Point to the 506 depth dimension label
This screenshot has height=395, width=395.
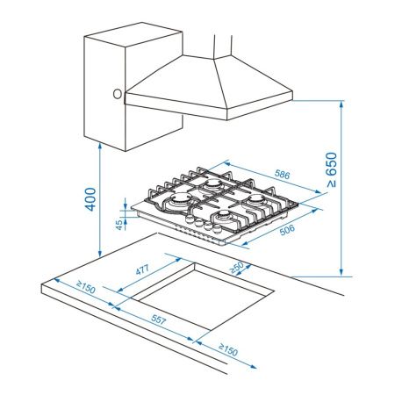[x=286, y=230]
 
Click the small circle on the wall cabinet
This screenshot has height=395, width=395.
[x=117, y=93]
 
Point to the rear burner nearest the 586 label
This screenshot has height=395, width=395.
[x=212, y=186]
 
